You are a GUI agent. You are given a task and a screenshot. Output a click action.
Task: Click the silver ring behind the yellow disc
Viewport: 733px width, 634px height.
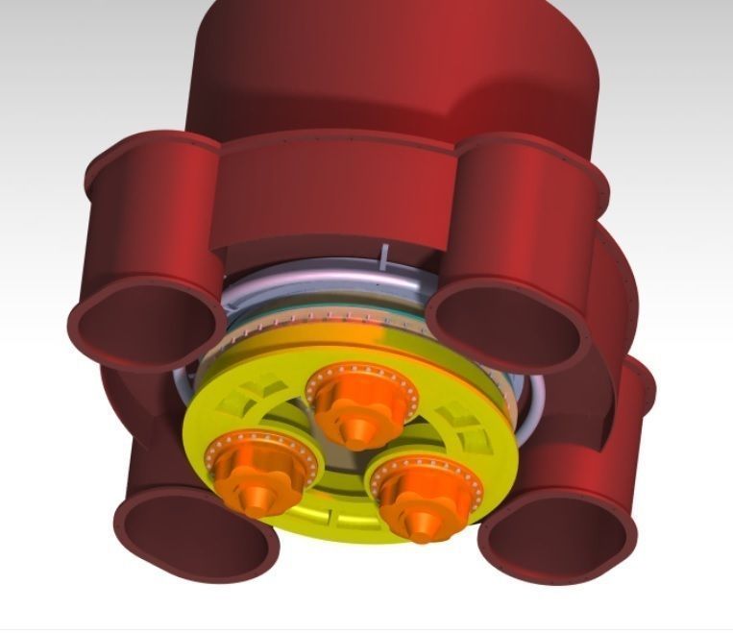pos(317,288)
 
